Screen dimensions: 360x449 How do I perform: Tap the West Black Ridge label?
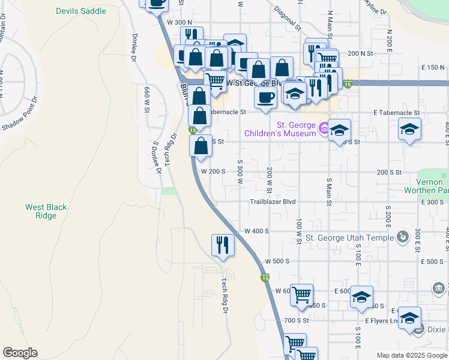click(x=46, y=211)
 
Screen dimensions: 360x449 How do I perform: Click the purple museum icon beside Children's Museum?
click(x=324, y=127)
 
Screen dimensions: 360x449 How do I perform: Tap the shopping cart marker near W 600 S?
click(x=301, y=294)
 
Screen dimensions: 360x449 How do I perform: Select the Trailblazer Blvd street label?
click(x=273, y=202)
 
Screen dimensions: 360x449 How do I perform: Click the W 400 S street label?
click(x=256, y=231)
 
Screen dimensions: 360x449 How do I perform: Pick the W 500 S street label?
click(x=277, y=262)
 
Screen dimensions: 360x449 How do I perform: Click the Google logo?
click(x=20, y=353)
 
